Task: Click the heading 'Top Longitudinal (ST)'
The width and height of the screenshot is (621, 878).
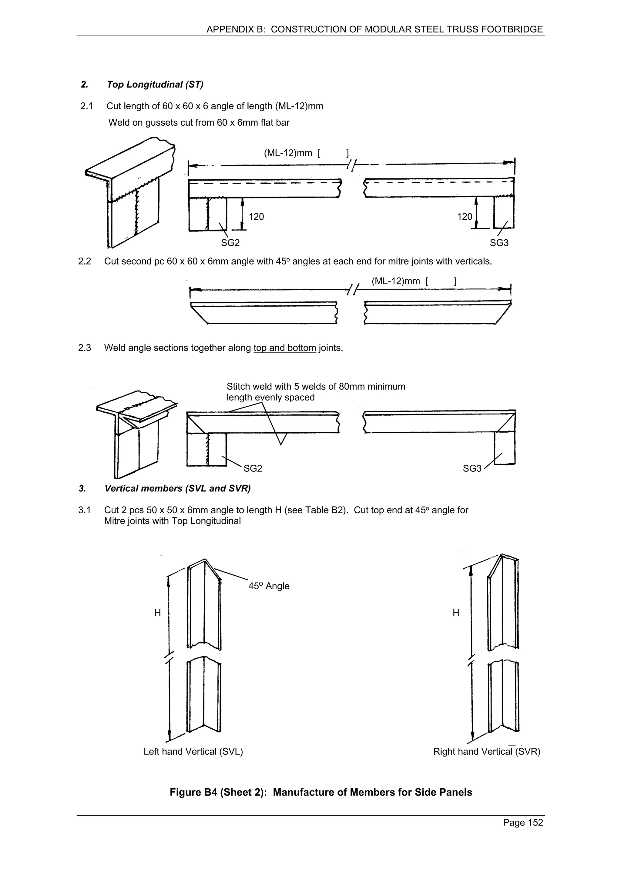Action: coord(155,85)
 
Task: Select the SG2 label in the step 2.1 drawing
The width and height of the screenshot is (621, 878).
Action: coord(230,243)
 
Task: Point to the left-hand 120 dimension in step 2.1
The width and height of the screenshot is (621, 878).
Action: coord(256,217)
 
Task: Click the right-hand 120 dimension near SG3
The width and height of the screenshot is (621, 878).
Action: coord(465,217)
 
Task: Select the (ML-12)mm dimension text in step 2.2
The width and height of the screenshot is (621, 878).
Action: coord(396,281)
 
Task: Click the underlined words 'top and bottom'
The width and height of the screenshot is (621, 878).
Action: coord(285,348)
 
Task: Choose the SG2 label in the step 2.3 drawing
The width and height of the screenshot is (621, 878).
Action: coord(253,468)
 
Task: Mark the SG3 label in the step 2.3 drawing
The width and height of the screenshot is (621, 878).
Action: coord(472,468)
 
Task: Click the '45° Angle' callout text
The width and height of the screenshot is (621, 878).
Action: coord(269,586)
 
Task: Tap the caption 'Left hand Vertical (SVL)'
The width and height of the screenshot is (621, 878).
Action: coord(193,752)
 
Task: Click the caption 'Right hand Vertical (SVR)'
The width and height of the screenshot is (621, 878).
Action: coord(486,752)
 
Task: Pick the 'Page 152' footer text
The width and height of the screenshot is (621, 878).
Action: coord(523,823)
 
